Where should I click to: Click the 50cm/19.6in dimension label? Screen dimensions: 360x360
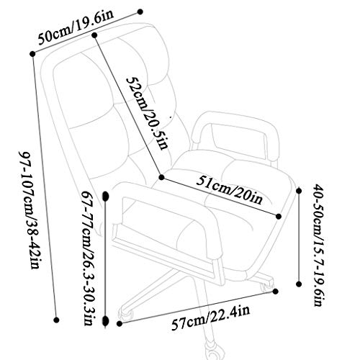click(76, 28)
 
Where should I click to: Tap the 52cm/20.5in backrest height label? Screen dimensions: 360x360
click(147, 112)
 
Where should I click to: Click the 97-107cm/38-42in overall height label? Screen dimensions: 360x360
click(29, 210)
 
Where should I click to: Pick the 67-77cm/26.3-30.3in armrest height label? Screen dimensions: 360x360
click(89, 258)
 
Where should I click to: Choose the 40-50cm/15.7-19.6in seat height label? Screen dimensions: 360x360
click(318, 245)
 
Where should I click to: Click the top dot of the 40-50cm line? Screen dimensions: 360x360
click(299, 191)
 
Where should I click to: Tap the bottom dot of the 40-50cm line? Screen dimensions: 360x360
click(299, 284)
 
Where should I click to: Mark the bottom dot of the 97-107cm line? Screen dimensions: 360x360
click(56, 320)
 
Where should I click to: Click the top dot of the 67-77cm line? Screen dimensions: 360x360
click(106, 196)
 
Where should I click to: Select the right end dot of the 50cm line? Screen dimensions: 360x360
click(140, 12)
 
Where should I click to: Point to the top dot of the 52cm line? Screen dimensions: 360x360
click(94, 35)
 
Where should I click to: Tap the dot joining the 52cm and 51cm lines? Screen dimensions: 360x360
click(161, 177)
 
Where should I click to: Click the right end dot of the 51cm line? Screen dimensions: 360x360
click(279, 217)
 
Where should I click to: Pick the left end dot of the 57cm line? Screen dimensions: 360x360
click(120, 324)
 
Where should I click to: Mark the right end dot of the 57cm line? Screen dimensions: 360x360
click(276, 291)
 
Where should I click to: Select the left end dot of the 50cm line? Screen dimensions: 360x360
click(32, 54)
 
